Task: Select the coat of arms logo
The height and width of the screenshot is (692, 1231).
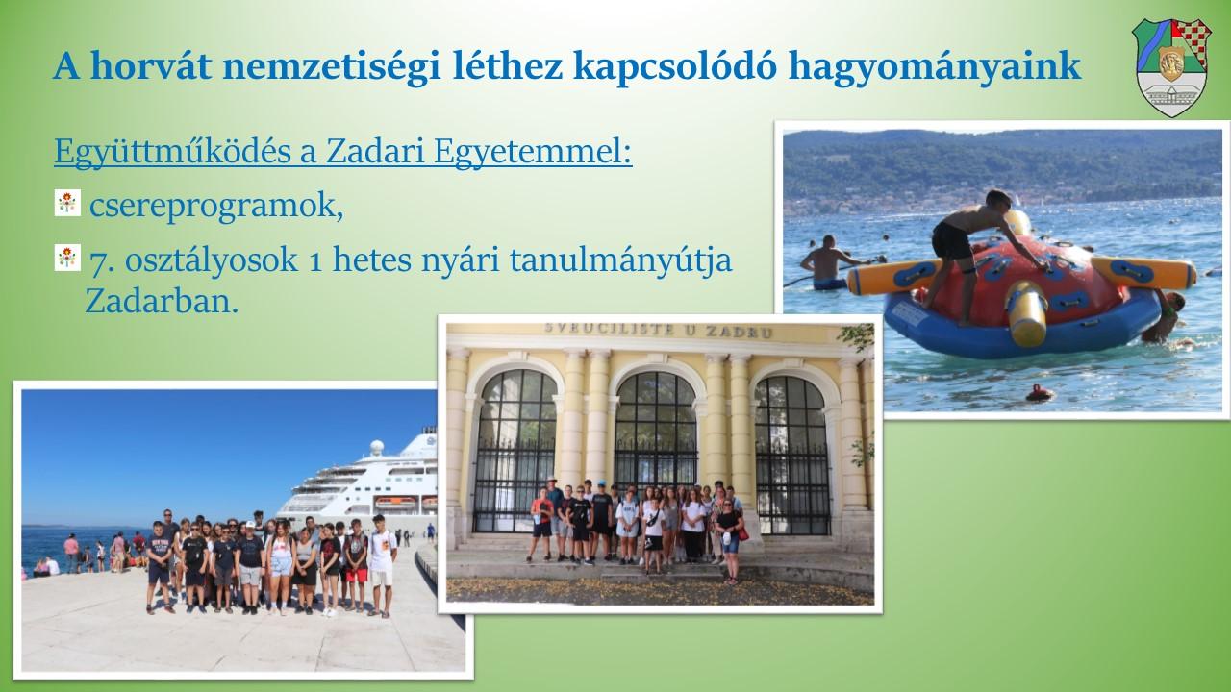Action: coord(1171,67)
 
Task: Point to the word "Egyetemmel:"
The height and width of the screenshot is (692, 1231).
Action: coord(533,151)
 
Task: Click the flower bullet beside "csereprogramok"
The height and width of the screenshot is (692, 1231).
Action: coord(67,203)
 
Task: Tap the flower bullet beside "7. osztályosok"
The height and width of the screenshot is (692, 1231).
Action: coord(67,258)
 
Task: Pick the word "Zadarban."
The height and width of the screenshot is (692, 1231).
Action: coord(163,302)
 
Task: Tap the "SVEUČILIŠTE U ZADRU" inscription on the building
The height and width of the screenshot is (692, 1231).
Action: coord(658,331)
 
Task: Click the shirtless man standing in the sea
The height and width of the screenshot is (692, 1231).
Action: coord(826,263)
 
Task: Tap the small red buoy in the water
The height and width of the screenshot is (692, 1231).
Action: coord(1040,393)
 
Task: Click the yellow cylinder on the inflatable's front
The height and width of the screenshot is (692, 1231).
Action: coord(1026,313)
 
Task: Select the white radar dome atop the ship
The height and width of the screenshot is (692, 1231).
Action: coord(376,448)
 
